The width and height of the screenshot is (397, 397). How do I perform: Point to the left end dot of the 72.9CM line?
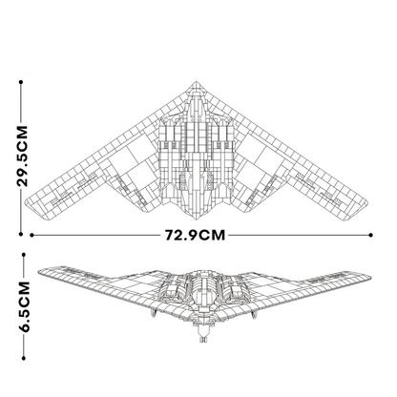(32, 234)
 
